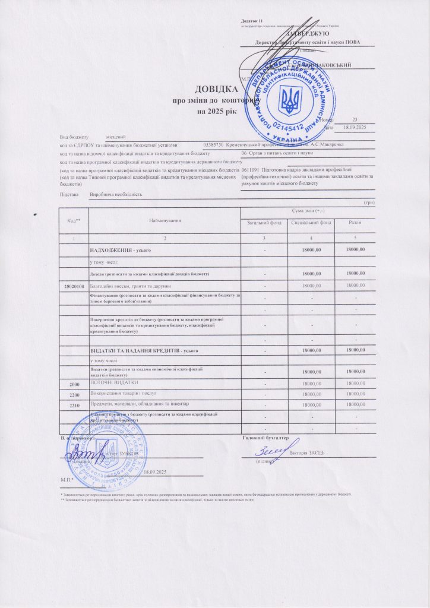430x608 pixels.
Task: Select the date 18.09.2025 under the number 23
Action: (x=355, y=128)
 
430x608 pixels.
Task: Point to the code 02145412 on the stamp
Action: (x=289, y=126)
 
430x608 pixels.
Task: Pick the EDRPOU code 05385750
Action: (x=213, y=145)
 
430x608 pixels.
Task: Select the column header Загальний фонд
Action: (x=264, y=222)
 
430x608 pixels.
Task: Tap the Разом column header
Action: (x=356, y=222)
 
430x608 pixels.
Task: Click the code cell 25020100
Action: (x=73, y=286)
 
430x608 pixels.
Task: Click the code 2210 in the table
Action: (x=74, y=405)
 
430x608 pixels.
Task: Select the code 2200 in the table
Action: (x=74, y=394)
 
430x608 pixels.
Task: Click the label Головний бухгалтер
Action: (x=265, y=438)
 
